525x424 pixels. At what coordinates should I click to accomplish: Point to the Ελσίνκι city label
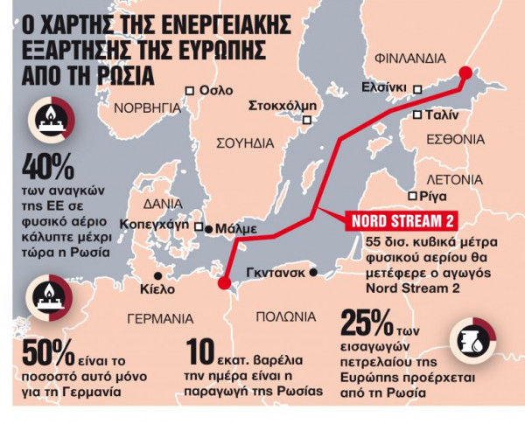coord(385,87)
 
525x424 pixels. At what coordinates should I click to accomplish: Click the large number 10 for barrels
coord(203,353)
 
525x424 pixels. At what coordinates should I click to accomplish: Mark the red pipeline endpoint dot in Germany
coord(223,282)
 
